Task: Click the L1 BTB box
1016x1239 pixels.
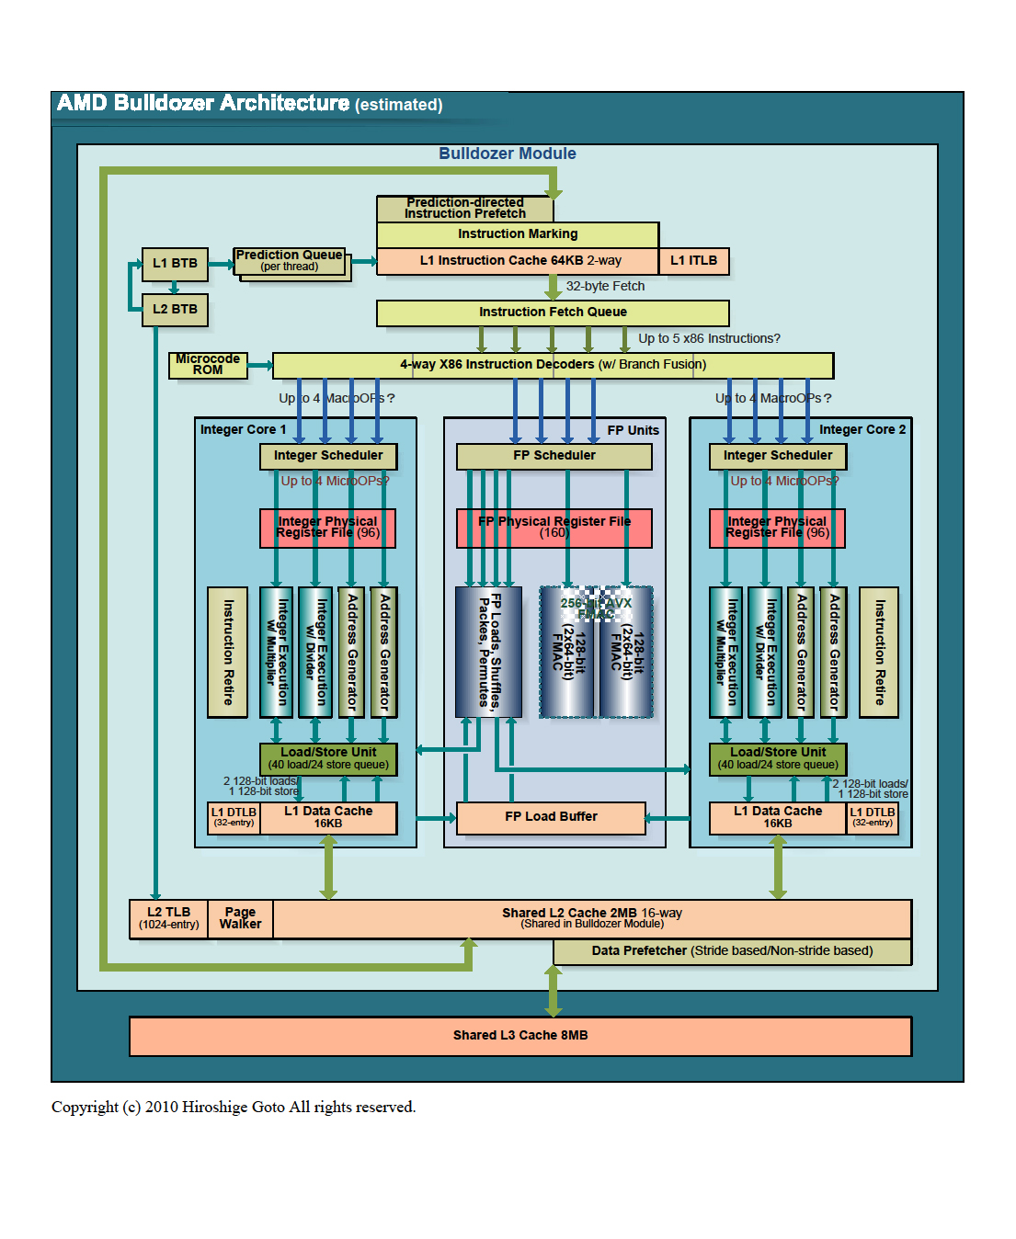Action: click(x=175, y=264)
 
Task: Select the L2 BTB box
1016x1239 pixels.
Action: click(x=175, y=310)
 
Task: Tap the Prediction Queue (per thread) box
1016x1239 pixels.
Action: click(x=290, y=261)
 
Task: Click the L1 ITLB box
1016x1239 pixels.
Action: click(x=693, y=261)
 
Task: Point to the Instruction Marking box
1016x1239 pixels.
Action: click(x=518, y=234)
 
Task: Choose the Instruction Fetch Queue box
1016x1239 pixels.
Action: click(x=553, y=313)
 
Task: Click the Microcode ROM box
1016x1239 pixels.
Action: click(x=208, y=365)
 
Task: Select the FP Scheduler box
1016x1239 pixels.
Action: click(x=554, y=456)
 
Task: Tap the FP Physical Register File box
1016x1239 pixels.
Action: click(x=554, y=528)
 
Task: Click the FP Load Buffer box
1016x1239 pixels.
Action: click(x=551, y=817)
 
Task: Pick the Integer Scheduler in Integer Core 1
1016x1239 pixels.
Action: click(x=328, y=456)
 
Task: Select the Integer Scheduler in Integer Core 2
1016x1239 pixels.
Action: click(x=777, y=456)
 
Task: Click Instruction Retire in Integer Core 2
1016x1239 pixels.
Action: click(x=879, y=652)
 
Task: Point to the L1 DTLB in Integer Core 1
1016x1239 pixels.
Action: click(x=234, y=817)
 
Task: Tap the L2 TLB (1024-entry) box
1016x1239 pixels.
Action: click(x=169, y=918)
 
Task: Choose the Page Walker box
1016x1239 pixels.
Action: click(x=240, y=918)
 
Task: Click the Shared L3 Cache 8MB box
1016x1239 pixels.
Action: click(x=520, y=1036)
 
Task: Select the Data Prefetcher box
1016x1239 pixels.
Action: click(x=732, y=951)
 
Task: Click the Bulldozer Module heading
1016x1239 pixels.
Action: click(x=508, y=154)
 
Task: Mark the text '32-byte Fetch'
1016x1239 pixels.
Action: click(x=605, y=287)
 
